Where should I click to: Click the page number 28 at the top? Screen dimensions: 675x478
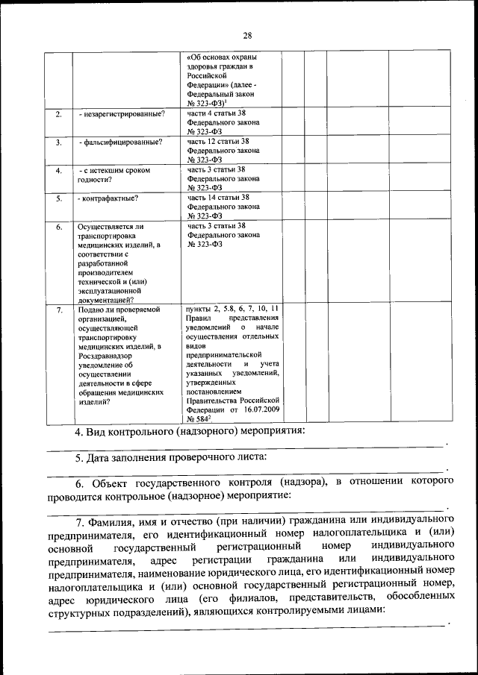247,34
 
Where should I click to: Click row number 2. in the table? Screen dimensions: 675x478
58,114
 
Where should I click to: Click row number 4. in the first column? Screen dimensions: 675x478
58,170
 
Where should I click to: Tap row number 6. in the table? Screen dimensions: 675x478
58,226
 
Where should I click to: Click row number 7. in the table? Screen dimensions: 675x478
58,309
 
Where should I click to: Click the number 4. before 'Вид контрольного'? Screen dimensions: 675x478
78,432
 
